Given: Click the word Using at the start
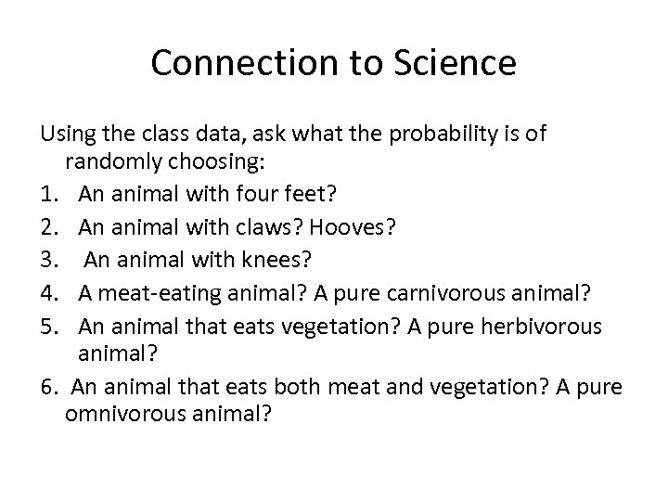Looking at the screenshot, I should pos(63,135).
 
